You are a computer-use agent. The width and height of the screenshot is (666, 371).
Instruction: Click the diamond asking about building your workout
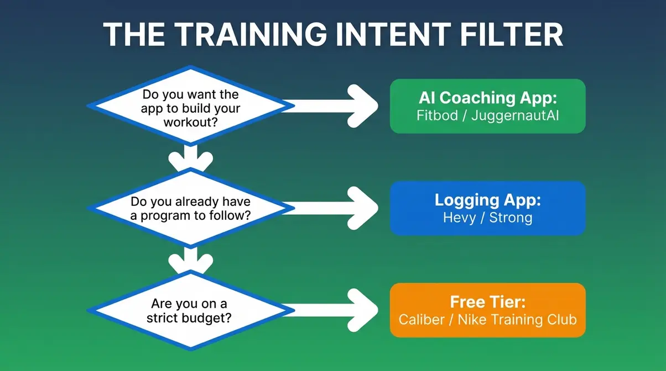tap(190, 108)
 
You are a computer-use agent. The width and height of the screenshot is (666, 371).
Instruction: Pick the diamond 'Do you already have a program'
tap(190, 209)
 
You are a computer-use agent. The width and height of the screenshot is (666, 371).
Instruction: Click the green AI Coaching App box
tap(487, 106)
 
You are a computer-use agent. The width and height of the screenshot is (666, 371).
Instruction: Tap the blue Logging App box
tap(487, 208)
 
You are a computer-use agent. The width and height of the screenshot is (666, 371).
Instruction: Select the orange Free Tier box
tap(487, 310)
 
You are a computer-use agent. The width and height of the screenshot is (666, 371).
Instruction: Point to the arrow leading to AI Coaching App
tap(332, 105)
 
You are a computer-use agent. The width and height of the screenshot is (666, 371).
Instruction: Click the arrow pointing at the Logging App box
tap(332, 208)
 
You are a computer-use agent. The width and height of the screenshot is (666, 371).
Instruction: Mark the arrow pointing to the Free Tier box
tap(332, 310)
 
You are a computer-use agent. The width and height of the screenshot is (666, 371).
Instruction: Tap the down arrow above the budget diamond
tap(190, 259)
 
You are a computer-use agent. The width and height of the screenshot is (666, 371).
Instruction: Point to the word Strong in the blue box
tap(511, 218)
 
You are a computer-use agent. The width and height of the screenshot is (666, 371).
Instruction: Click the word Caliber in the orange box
tap(422, 320)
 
